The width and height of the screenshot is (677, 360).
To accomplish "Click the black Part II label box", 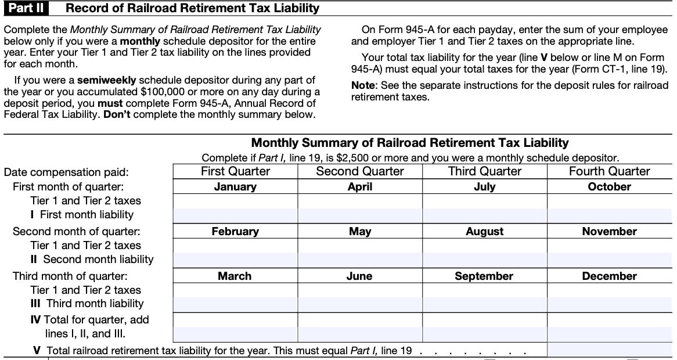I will point(25,8).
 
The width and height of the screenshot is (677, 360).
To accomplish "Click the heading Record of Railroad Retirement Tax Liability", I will point(192,8).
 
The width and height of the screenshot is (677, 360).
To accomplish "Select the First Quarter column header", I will point(235,171).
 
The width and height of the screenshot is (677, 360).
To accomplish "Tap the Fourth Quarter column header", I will point(609,171).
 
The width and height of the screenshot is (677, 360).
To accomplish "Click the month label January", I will point(235,187).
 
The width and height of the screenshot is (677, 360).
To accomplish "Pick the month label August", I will point(484,232).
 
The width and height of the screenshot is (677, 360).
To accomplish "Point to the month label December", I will point(609,276).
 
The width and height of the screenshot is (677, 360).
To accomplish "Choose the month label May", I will point(360,232).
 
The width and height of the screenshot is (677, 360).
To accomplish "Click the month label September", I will point(484,276).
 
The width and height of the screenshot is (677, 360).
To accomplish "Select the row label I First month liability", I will point(82,215).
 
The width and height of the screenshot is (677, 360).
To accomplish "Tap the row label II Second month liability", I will point(92,260).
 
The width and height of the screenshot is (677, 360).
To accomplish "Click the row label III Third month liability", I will point(87,304).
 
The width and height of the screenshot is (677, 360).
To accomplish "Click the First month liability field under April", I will point(360,215).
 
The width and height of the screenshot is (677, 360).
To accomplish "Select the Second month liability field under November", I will point(609,260).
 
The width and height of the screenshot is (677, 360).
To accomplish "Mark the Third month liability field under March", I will point(235,304).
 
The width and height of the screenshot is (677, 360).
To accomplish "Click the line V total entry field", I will point(609,350).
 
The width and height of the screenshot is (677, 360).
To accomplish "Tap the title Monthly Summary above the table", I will point(409,143).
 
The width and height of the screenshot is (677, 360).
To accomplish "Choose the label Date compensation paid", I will point(66,172).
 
